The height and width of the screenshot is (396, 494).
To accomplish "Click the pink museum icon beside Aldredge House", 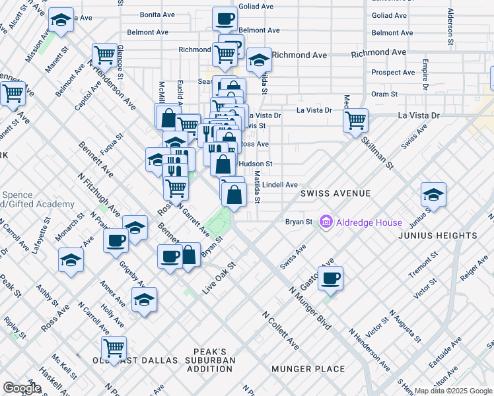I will coord(326,222).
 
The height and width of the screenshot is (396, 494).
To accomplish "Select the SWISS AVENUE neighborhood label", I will coord(335,193).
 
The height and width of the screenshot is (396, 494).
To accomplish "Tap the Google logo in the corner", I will coord(22,388).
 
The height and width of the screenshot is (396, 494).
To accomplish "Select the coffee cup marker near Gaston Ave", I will coord(330,278).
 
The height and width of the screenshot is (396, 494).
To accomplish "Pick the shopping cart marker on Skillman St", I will coord(355,120).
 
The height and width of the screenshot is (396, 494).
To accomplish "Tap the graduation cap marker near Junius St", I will coord(433,194).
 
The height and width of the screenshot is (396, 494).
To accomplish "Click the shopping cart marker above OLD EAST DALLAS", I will coord(114,347).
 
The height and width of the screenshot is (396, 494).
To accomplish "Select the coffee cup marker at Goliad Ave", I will coord(225,18).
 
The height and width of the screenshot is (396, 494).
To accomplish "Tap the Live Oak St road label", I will coord(219,273).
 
